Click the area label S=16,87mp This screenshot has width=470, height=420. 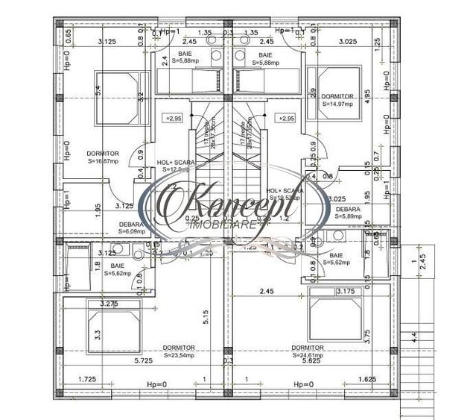tap(102, 160)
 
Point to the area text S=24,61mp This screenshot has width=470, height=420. tap(307, 355)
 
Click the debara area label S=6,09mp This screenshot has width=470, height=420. tap(135, 231)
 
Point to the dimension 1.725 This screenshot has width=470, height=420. tap(88, 380)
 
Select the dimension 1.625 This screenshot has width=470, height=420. tap(367, 380)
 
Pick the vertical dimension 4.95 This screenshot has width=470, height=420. tap(367, 96)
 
